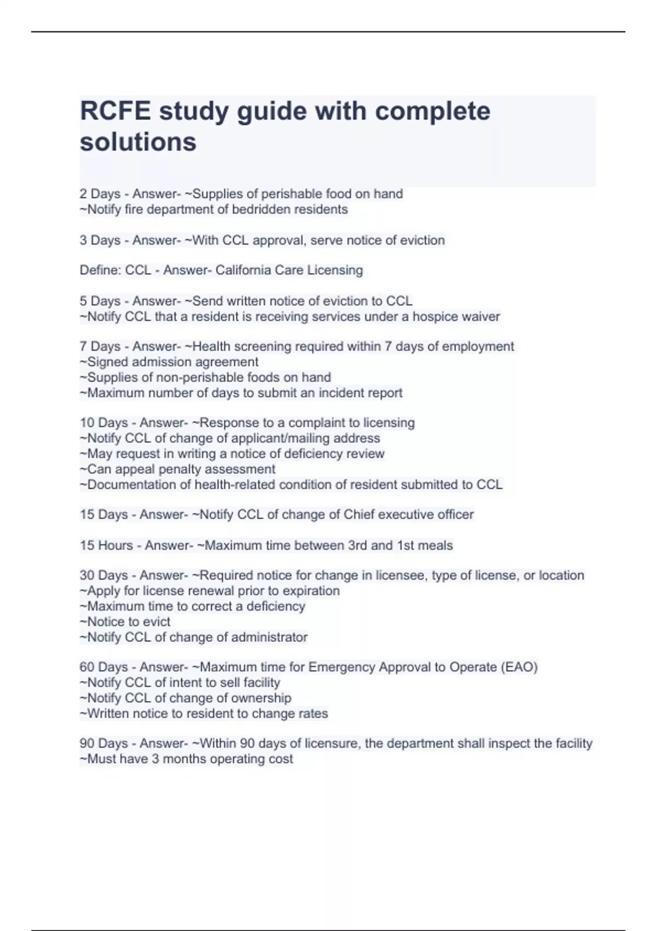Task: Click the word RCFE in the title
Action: pyautogui.click(x=115, y=111)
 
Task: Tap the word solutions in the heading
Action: pyautogui.click(x=138, y=142)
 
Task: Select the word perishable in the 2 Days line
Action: pyautogui.click(x=291, y=194)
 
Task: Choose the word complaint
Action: pyautogui.click(x=317, y=423)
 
